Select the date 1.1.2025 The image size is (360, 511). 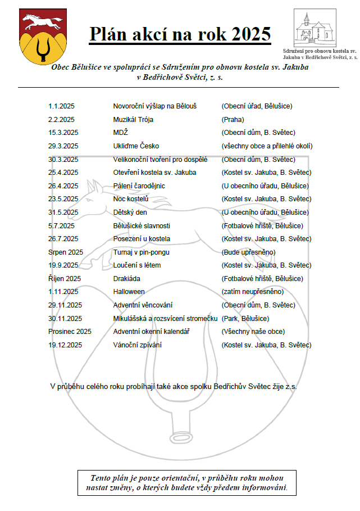(62, 106)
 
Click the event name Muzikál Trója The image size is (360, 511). (133, 120)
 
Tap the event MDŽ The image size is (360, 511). (121, 133)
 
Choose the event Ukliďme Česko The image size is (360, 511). (136, 146)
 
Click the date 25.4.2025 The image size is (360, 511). (63, 173)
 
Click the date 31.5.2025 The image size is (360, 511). (63, 212)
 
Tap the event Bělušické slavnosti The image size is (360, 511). (142, 225)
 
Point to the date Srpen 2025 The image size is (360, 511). (66, 252)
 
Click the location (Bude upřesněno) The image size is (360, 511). (249, 252)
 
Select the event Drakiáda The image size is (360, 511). (126, 278)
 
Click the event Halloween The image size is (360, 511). (129, 292)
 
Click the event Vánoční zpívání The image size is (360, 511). (137, 345)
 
